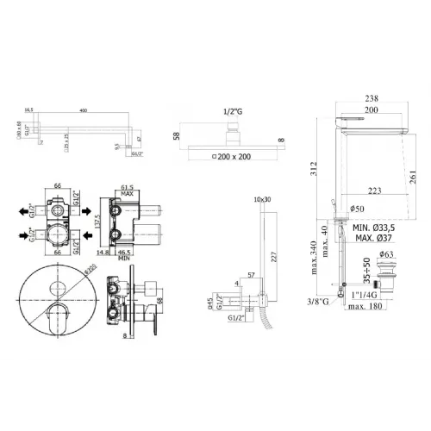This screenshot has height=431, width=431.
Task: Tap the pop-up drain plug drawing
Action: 385,276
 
